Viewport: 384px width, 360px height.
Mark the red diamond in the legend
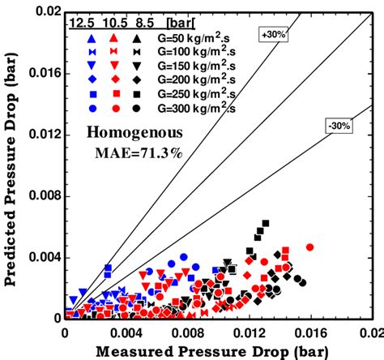[x=116, y=79]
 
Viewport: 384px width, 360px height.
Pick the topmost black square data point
[x=265, y=223]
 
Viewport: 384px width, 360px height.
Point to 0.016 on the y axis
[x=40, y=72]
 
